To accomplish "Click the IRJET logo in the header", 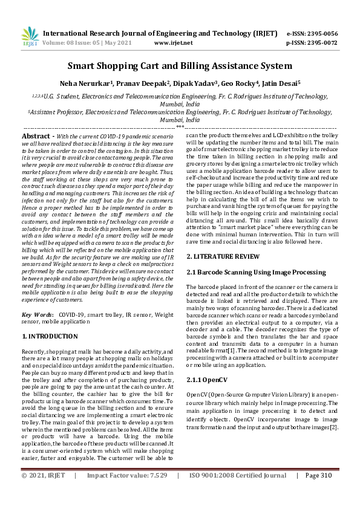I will [30, 36].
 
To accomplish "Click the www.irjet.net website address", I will [174, 44].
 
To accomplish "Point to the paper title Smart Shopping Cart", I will [180, 65].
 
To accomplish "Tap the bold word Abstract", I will [36, 138].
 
